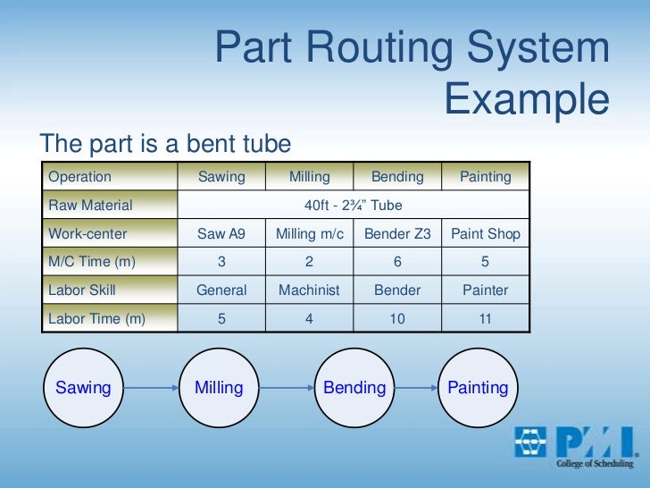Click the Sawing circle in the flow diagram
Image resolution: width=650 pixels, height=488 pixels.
(x=83, y=388)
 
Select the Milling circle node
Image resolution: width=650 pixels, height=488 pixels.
(x=219, y=388)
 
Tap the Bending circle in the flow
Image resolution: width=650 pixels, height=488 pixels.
(x=354, y=388)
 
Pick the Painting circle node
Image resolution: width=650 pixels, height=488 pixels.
(x=478, y=388)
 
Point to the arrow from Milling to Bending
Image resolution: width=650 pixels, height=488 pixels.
(x=287, y=389)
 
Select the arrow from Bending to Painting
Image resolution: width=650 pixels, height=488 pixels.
(x=416, y=389)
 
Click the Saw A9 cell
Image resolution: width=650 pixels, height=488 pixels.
(x=221, y=234)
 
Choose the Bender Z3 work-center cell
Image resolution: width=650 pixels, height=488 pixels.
(x=398, y=234)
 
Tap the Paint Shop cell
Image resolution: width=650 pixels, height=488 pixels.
(x=485, y=234)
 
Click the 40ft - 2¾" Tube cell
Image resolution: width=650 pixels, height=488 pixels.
(x=354, y=206)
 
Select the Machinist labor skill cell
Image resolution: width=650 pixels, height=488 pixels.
(x=309, y=290)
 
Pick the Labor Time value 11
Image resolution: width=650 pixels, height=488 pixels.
(x=485, y=317)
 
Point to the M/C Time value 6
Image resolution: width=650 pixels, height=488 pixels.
(x=398, y=262)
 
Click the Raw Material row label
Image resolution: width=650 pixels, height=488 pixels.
(x=90, y=206)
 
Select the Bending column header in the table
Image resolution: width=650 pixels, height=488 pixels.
(x=398, y=177)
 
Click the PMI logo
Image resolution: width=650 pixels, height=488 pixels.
(x=574, y=447)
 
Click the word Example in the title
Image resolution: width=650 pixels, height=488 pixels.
(x=527, y=100)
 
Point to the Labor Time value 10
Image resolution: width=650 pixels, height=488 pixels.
(x=398, y=317)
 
